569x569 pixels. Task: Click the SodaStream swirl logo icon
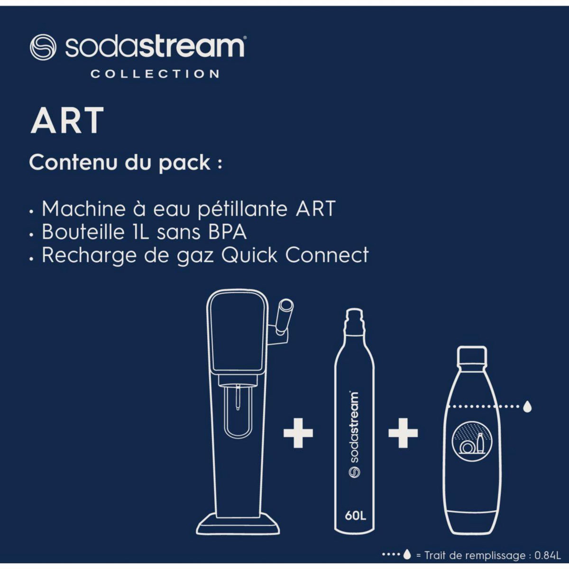(x=43, y=46)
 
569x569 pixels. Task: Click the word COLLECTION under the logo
(x=155, y=74)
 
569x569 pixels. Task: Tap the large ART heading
(x=67, y=121)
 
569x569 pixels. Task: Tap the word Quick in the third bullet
(x=249, y=255)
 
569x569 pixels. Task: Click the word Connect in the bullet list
(x=327, y=255)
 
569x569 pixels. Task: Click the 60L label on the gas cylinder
(x=356, y=515)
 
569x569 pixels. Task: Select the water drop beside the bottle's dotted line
(x=527, y=406)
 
